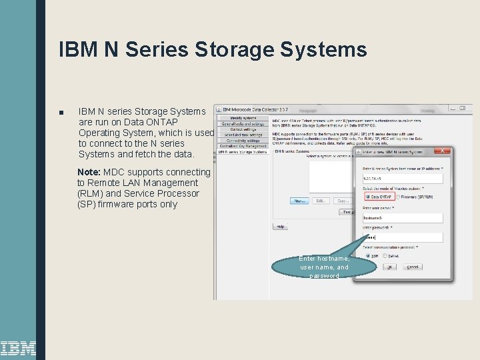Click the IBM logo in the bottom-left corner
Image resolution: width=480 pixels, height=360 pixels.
click(18, 347)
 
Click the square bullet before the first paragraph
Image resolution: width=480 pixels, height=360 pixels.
click(61, 112)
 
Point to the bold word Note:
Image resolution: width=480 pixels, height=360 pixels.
click(89, 172)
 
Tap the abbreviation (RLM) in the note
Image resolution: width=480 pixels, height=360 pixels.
click(90, 193)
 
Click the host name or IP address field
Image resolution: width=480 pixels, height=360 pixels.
click(402, 178)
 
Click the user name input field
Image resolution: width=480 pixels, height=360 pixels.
click(402, 217)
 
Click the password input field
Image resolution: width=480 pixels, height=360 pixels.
click(402, 237)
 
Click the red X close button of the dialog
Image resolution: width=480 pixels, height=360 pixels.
click(448, 152)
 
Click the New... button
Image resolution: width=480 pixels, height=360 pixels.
click(299, 200)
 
